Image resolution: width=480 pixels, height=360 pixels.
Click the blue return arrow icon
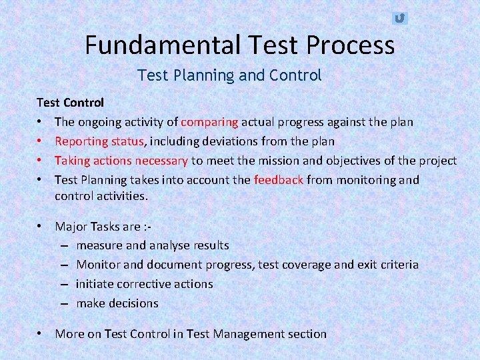point(399,18)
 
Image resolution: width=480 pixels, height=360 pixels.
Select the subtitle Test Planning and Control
point(229,75)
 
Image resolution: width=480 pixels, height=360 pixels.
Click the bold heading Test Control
point(70,103)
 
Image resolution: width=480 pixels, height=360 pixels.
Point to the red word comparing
point(209,122)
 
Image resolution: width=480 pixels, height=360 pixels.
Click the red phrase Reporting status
point(99,141)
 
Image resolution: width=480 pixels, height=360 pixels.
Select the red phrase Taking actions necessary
point(121,161)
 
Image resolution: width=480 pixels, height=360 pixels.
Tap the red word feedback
point(278,180)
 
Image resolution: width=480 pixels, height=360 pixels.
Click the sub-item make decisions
point(117,303)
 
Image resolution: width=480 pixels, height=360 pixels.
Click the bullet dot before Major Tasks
point(41,226)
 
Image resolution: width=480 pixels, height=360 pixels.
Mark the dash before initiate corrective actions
point(66,284)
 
